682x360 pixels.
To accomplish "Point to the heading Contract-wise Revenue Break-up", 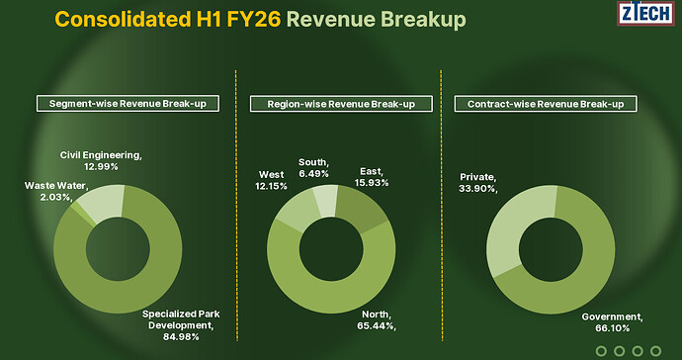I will pos(545,103).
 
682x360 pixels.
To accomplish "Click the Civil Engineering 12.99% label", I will pos(102,160).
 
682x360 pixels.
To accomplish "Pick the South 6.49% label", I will pos(313,168).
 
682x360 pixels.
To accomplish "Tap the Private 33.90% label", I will pos(478,183).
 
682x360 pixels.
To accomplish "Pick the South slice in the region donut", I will pos(323,200).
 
